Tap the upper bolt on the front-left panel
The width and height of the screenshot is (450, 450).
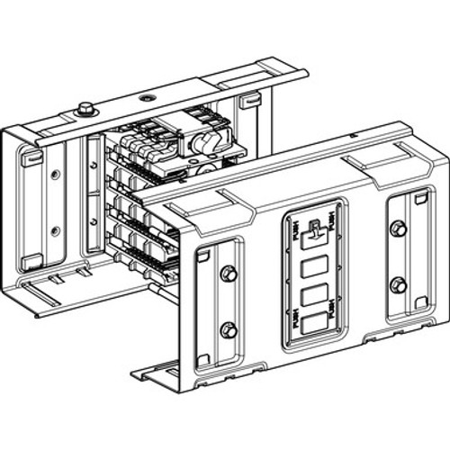point(229,273)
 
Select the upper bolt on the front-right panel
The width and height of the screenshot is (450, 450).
point(398,229)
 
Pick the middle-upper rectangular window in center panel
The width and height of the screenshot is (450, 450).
point(314,267)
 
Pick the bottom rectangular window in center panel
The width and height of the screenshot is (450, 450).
point(314,325)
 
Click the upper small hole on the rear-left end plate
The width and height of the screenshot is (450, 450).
point(55,175)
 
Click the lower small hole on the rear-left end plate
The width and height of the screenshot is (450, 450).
point(55,230)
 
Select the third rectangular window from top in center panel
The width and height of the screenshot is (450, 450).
point(314,295)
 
